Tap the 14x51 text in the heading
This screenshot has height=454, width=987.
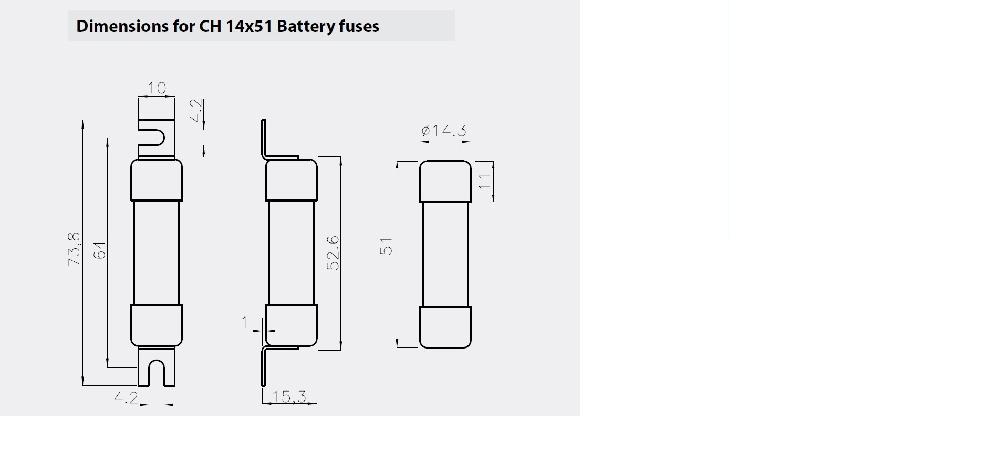(x=248, y=26)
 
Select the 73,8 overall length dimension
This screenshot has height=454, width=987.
(x=74, y=249)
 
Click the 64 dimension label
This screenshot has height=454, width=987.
(x=99, y=249)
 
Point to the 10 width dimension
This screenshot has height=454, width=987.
(x=157, y=88)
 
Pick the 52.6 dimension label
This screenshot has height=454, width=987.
(x=333, y=253)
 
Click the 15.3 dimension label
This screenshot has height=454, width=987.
(x=289, y=396)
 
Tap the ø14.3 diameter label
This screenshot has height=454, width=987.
(x=444, y=131)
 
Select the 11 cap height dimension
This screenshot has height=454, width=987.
(x=484, y=182)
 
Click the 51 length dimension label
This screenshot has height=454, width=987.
(x=386, y=247)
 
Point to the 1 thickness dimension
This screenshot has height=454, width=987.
(x=244, y=322)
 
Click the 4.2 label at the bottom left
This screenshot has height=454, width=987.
(x=126, y=398)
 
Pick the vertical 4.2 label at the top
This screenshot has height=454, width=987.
(x=195, y=111)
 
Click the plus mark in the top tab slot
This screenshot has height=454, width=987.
(x=157, y=138)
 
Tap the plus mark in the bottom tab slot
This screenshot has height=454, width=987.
(x=157, y=369)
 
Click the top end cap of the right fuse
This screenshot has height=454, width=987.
(x=445, y=181)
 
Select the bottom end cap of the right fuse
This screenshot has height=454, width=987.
(x=445, y=327)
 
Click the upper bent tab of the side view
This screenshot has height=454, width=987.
(x=264, y=139)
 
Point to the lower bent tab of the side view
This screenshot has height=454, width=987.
(x=264, y=367)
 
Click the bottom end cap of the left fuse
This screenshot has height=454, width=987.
(x=157, y=325)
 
